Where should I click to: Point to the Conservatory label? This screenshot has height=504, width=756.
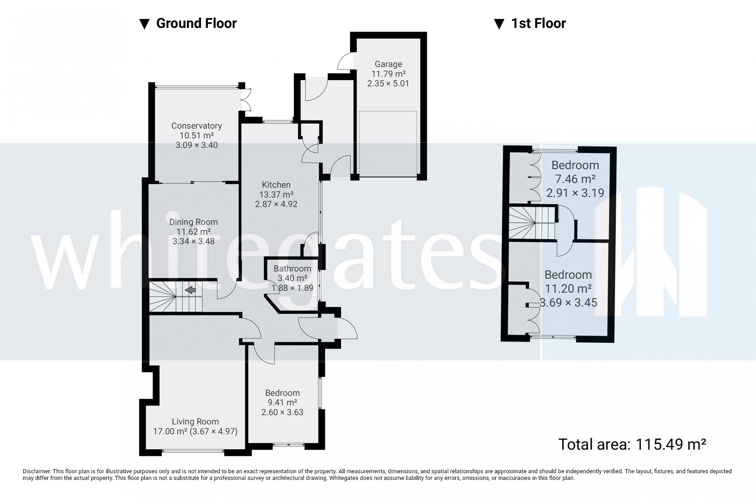tap(196, 126)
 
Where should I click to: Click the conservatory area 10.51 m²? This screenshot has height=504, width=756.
tap(196, 135)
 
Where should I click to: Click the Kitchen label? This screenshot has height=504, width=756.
tap(276, 185)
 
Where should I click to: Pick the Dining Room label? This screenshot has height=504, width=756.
tap(194, 222)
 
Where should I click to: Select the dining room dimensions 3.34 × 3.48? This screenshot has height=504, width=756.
tap(194, 241)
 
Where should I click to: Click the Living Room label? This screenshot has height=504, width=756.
tap(195, 421)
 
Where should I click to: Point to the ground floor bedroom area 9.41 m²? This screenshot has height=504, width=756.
tap(282, 402)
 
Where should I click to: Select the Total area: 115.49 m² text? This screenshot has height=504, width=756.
tap(632, 444)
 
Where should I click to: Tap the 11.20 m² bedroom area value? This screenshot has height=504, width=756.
tap(568, 289)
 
